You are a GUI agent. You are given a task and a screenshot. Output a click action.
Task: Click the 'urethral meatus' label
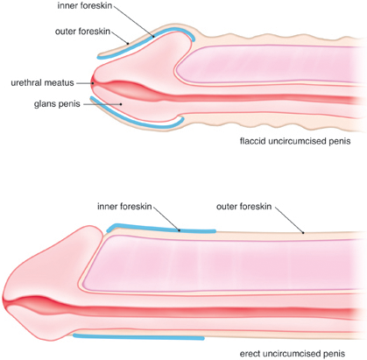[x=42, y=83]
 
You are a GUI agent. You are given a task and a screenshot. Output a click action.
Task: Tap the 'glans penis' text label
[x=57, y=104]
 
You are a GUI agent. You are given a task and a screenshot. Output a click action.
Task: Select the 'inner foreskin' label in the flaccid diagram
[x=85, y=6]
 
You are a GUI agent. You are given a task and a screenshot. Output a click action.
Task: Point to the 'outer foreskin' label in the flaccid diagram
[x=82, y=32]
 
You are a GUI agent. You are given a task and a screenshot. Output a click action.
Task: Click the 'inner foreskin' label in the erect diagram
[x=124, y=207]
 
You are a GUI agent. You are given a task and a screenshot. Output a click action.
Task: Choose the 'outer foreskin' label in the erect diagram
[x=243, y=207]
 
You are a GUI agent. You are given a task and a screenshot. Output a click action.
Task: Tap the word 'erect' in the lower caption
[x=250, y=354]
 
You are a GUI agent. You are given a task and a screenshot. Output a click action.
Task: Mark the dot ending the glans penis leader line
[x=121, y=104]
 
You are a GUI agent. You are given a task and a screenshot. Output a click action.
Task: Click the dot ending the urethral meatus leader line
[x=93, y=83]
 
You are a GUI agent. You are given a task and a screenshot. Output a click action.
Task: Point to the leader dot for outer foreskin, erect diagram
[x=303, y=233]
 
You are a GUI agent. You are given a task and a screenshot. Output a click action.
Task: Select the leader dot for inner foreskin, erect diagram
[x=180, y=230]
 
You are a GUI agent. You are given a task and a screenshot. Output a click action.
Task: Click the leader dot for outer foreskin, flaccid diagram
[x=128, y=44]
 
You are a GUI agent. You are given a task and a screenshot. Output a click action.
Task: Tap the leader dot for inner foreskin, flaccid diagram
[x=153, y=37]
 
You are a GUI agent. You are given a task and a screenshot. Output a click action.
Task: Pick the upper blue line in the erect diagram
[x=160, y=229]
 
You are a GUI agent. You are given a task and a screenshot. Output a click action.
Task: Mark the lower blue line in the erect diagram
[x=138, y=337]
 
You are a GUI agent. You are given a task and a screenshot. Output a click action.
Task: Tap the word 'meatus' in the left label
[x=60, y=83]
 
